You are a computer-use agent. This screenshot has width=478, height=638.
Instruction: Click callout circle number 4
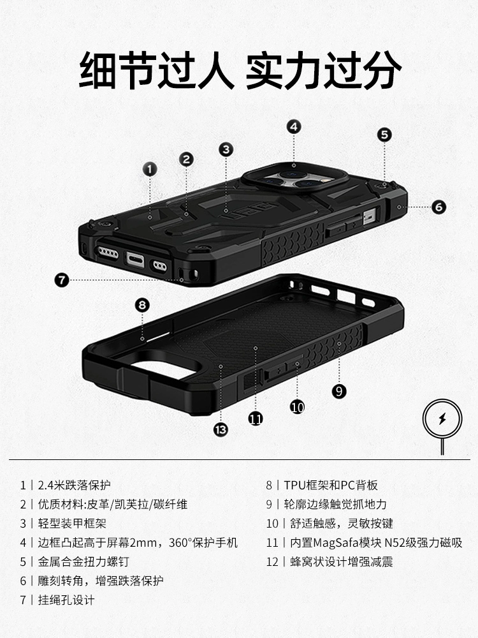(x=294, y=126)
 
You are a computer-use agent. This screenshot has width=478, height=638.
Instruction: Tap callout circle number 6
(x=438, y=207)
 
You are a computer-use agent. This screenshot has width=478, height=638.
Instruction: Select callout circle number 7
(x=62, y=279)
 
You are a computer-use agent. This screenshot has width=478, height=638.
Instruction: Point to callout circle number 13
(x=221, y=429)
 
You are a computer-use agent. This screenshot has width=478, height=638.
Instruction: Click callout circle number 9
(x=339, y=391)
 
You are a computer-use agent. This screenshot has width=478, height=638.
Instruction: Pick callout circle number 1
(x=150, y=169)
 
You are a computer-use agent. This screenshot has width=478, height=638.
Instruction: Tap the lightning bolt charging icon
(x=443, y=419)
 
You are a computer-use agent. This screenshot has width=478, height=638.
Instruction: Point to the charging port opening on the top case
(x=135, y=259)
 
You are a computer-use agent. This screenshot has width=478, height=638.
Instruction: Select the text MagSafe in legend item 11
(x=336, y=542)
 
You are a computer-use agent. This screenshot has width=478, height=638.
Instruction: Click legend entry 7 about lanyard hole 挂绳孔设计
(x=57, y=600)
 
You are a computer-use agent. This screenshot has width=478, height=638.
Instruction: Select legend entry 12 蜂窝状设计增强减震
(x=330, y=561)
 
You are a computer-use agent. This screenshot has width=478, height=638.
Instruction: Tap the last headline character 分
(x=381, y=70)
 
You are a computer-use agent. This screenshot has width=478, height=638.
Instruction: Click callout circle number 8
(x=142, y=305)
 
